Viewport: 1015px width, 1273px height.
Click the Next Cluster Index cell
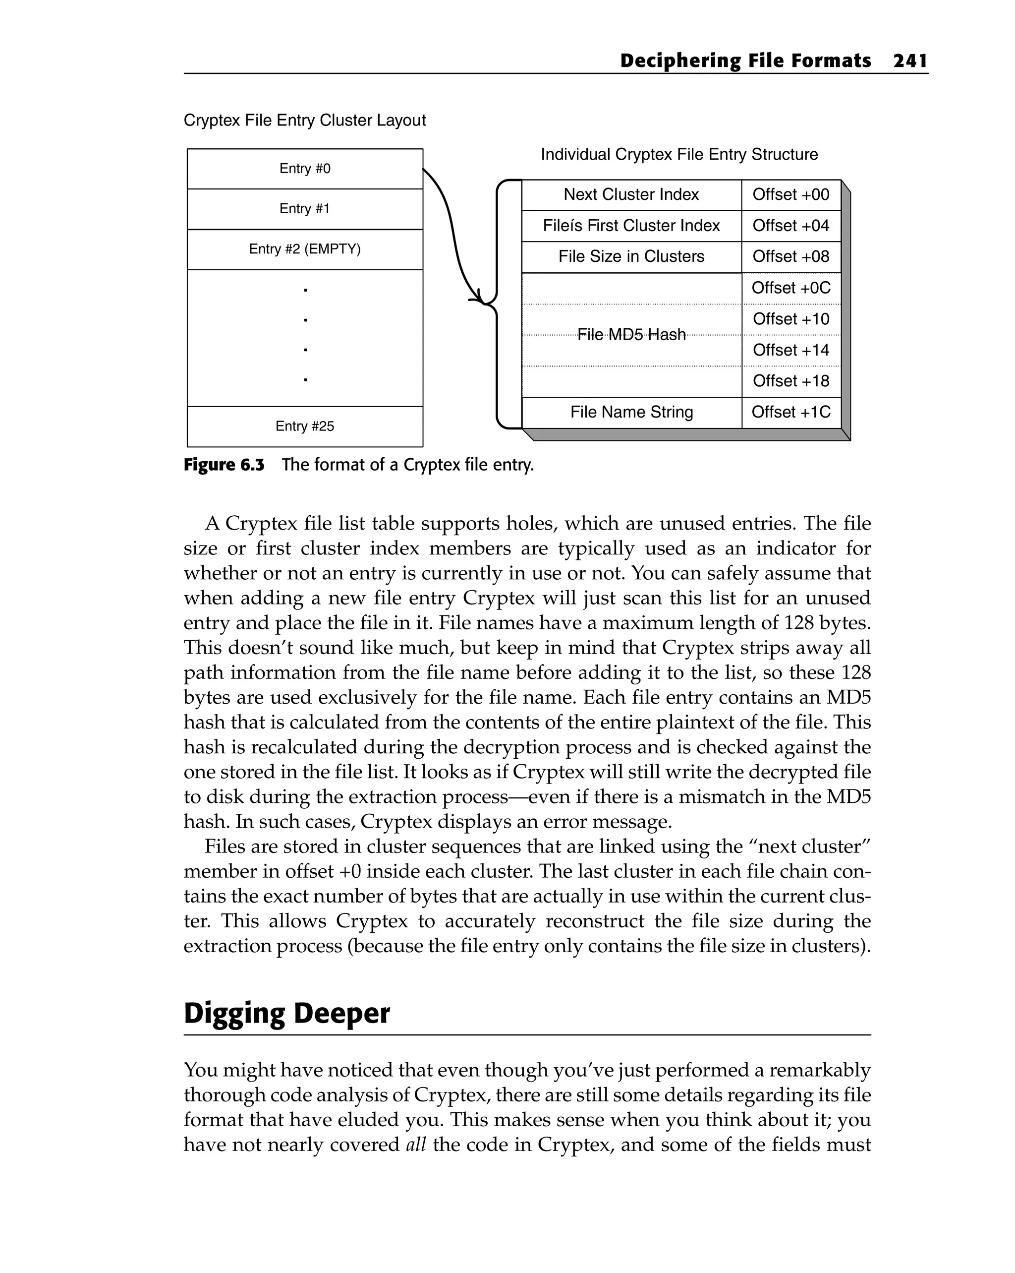[x=631, y=195]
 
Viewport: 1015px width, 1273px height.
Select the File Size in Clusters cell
[x=631, y=257]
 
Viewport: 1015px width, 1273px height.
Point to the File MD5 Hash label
[x=631, y=335]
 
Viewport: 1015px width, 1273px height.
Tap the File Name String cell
[x=631, y=412]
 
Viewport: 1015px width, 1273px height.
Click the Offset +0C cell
[x=791, y=288]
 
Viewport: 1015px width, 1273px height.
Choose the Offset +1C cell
[x=791, y=412]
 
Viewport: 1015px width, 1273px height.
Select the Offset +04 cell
[x=791, y=226]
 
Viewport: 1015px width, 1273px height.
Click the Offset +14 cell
[x=791, y=350]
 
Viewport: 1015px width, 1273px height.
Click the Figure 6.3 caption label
[x=224, y=465]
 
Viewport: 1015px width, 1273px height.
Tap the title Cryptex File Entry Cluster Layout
[x=304, y=121]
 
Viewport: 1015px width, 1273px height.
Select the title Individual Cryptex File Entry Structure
[x=679, y=155]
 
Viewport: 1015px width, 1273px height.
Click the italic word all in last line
[x=416, y=1145]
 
